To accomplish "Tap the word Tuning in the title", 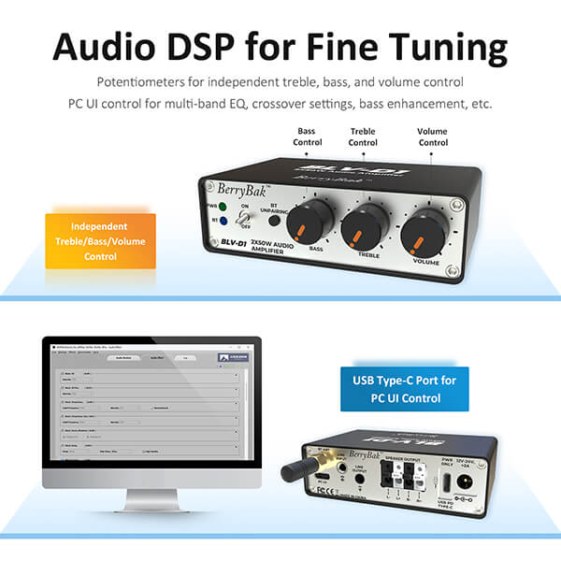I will point(439,47).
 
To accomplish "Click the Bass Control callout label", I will point(309,137).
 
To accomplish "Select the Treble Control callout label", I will point(363,137).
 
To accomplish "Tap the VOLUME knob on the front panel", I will point(425,233).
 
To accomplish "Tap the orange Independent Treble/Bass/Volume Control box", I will point(100,239).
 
